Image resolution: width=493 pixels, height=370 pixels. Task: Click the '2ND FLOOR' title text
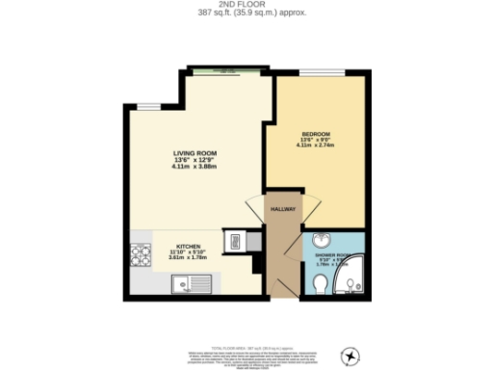(246, 5)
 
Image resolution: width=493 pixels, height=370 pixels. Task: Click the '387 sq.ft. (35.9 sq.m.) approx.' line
(246, 13)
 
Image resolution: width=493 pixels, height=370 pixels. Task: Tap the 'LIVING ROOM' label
(195, 153)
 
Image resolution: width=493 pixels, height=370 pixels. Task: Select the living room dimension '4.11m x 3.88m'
(195, 169)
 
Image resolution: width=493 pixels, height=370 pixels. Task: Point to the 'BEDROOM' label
(316, 133)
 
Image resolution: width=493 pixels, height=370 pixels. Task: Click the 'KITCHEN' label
(188, 246)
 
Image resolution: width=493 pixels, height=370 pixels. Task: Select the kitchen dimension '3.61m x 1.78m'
(188, 257)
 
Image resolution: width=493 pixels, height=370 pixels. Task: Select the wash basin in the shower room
(322, 241)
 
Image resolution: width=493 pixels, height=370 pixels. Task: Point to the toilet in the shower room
(319, 282)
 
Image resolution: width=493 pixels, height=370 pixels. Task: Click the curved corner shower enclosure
(351, 277)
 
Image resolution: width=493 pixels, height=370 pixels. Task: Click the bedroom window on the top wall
(316, 74)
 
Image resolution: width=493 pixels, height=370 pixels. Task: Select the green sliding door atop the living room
(226, 70)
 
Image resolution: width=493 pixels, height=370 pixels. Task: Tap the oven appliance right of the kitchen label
(232, 242)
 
